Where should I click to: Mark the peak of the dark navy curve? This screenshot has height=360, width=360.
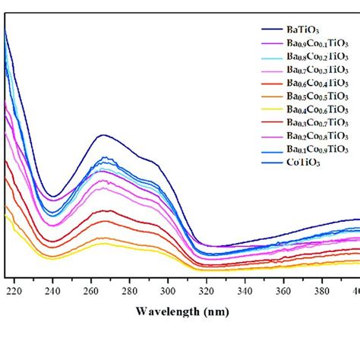[103, 136]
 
